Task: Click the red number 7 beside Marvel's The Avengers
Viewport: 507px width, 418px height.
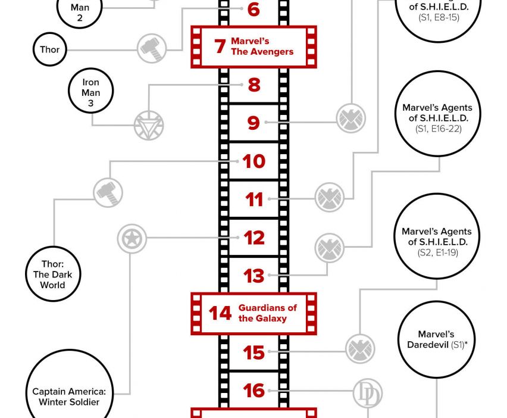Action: tap(220, 46)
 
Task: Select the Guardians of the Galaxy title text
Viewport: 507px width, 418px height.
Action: tap(267, 313)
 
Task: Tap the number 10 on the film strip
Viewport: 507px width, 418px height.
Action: tap(253, 161)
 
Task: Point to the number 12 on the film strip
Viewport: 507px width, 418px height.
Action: tap(254, 238)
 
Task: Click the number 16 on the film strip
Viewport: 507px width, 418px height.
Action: tap(254, 391)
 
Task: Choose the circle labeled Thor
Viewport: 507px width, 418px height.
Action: tap(50, 49)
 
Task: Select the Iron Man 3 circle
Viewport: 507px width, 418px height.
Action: tap(91, 92)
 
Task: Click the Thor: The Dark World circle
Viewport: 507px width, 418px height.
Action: tap(52, 274)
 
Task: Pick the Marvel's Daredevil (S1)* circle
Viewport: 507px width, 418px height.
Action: tap(437, 339)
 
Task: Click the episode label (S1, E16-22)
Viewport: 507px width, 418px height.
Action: tap(437, 129)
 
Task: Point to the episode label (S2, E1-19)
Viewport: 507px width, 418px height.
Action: tap(437, 252)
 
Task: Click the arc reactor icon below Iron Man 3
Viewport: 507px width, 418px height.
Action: tap(148, 126)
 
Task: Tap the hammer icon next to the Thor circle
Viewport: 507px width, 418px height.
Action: tap(152, 48)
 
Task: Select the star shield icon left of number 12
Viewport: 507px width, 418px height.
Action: tap(132, 238)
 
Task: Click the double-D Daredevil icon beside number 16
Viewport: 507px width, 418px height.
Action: tap(367, 394)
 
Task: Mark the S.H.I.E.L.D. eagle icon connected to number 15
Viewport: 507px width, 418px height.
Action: tap(361, 348)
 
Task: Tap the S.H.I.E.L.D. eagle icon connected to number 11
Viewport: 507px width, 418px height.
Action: tap(329, 197)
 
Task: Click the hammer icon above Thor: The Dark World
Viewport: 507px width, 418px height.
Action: tap(108, 192)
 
